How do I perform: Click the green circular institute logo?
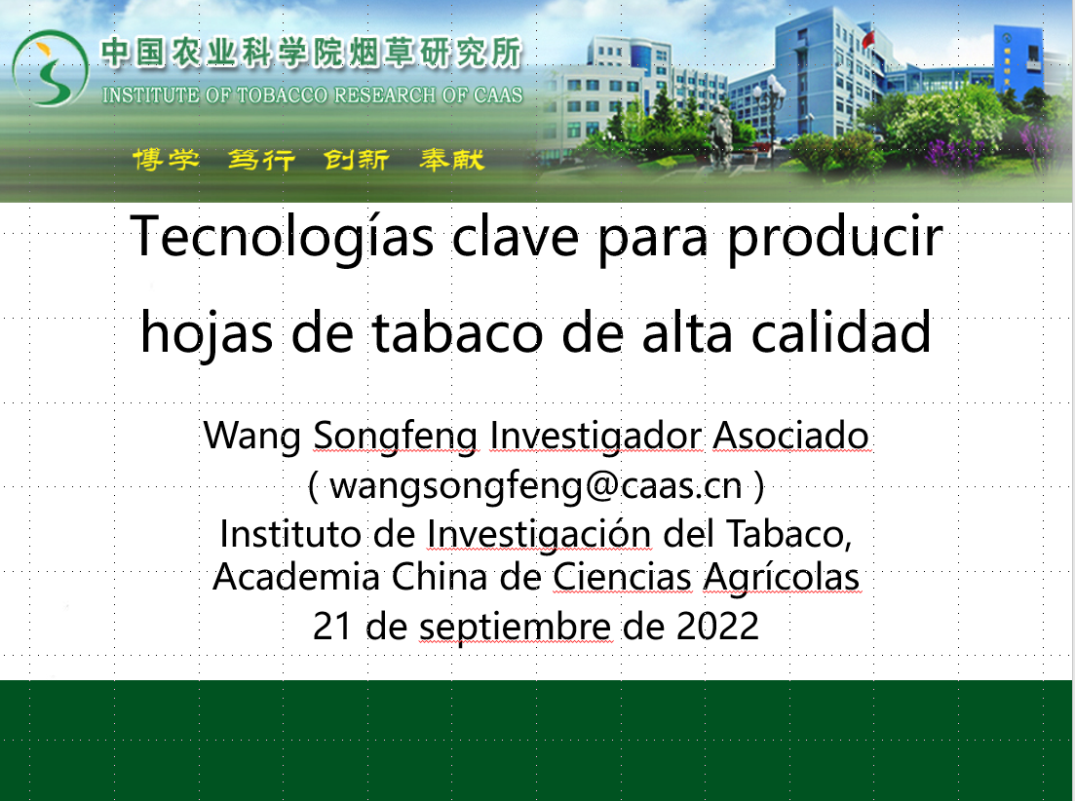pos(50,68)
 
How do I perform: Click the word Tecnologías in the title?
pos(282,237)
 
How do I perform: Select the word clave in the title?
pos(516,237)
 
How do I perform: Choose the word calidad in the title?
pos(841,331)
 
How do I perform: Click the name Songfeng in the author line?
pos(396,437)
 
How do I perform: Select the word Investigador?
pos(595,437)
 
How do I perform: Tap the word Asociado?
pos(791,436)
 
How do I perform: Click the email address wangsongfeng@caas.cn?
pos(535,487)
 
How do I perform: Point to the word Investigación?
pos(540,534)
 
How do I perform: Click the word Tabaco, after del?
pos(788,534)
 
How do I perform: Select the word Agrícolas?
pos(782,578)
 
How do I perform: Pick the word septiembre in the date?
pos(515,627)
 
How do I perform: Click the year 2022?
pos(717,626)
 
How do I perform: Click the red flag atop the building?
pos(868,38)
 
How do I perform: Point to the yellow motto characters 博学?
pos(166,160)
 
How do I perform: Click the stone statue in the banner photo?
pos(720,136)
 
